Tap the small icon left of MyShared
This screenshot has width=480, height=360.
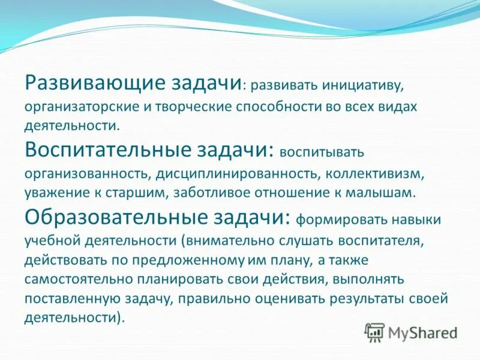(x=374, y=332)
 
